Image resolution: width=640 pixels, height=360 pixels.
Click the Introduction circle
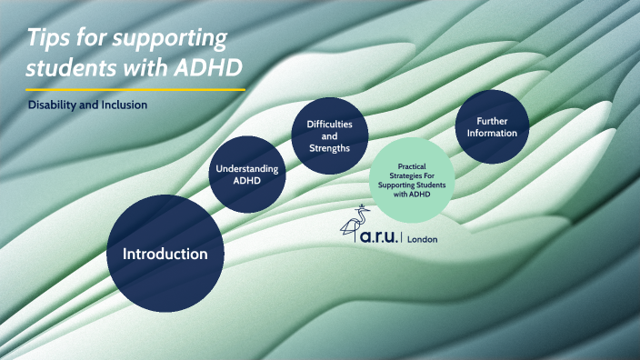[165, 253]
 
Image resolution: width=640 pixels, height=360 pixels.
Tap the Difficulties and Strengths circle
[323, 135]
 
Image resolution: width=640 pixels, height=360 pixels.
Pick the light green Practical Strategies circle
[413, 179]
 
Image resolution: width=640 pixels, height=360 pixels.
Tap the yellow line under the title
[136, 90]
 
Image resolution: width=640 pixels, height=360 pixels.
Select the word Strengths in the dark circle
[323, 148]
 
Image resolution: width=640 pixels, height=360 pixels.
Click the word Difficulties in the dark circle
[323, 124]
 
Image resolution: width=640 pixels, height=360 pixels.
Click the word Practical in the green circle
[413, 166]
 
